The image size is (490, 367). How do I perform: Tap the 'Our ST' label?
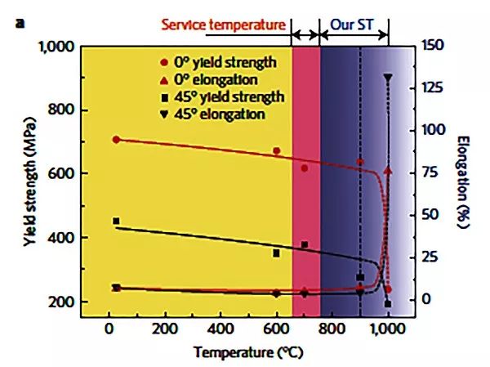pos(352,25)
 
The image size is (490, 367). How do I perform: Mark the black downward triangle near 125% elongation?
pos(388,78)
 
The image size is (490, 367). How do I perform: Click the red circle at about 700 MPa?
pos(116,140)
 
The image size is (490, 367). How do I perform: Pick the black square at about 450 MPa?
pos(116,222)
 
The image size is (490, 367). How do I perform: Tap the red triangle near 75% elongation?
pos(388,170)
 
